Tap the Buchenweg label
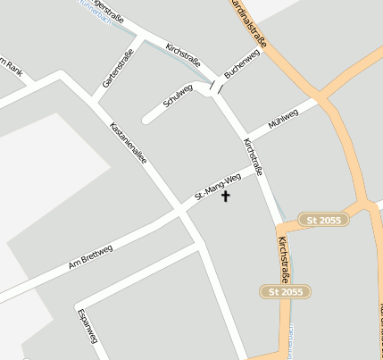point(242,64)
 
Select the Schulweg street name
point(178,96)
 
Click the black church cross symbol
point(225,195)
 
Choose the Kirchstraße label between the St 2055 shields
point(284,260)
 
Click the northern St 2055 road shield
point(322,220)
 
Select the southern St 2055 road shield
point(285,291)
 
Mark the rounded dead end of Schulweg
point(146,119)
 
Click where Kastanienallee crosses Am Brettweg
point(182,211)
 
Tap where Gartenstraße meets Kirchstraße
point(141,38)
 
